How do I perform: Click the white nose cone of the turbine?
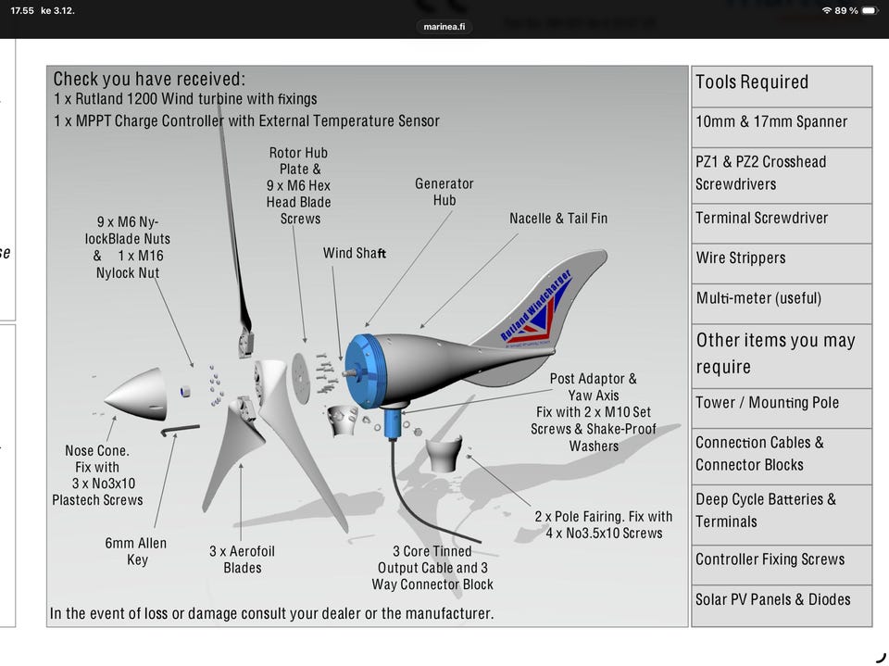click(139, 396)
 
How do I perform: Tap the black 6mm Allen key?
click(180, 430)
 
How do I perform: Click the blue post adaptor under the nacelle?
click(393, 423)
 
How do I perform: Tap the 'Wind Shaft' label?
click(355, 253)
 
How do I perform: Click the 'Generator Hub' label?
click(444, 192)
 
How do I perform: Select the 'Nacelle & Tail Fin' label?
click(557, 219)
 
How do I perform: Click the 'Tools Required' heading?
click(752, 82)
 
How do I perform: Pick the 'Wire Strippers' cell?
click(782, 263)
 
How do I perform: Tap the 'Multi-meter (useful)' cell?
click(782, 304)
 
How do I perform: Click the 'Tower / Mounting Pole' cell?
click(782, 408)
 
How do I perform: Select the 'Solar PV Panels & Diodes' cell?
click(782, 605)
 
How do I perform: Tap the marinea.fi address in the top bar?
click(444, 27)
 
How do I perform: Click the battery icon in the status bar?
click(870, 11)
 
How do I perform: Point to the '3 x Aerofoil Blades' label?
click(242, 559)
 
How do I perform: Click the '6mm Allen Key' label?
click(136, 551)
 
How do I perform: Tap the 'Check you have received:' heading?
click(149, 79)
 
